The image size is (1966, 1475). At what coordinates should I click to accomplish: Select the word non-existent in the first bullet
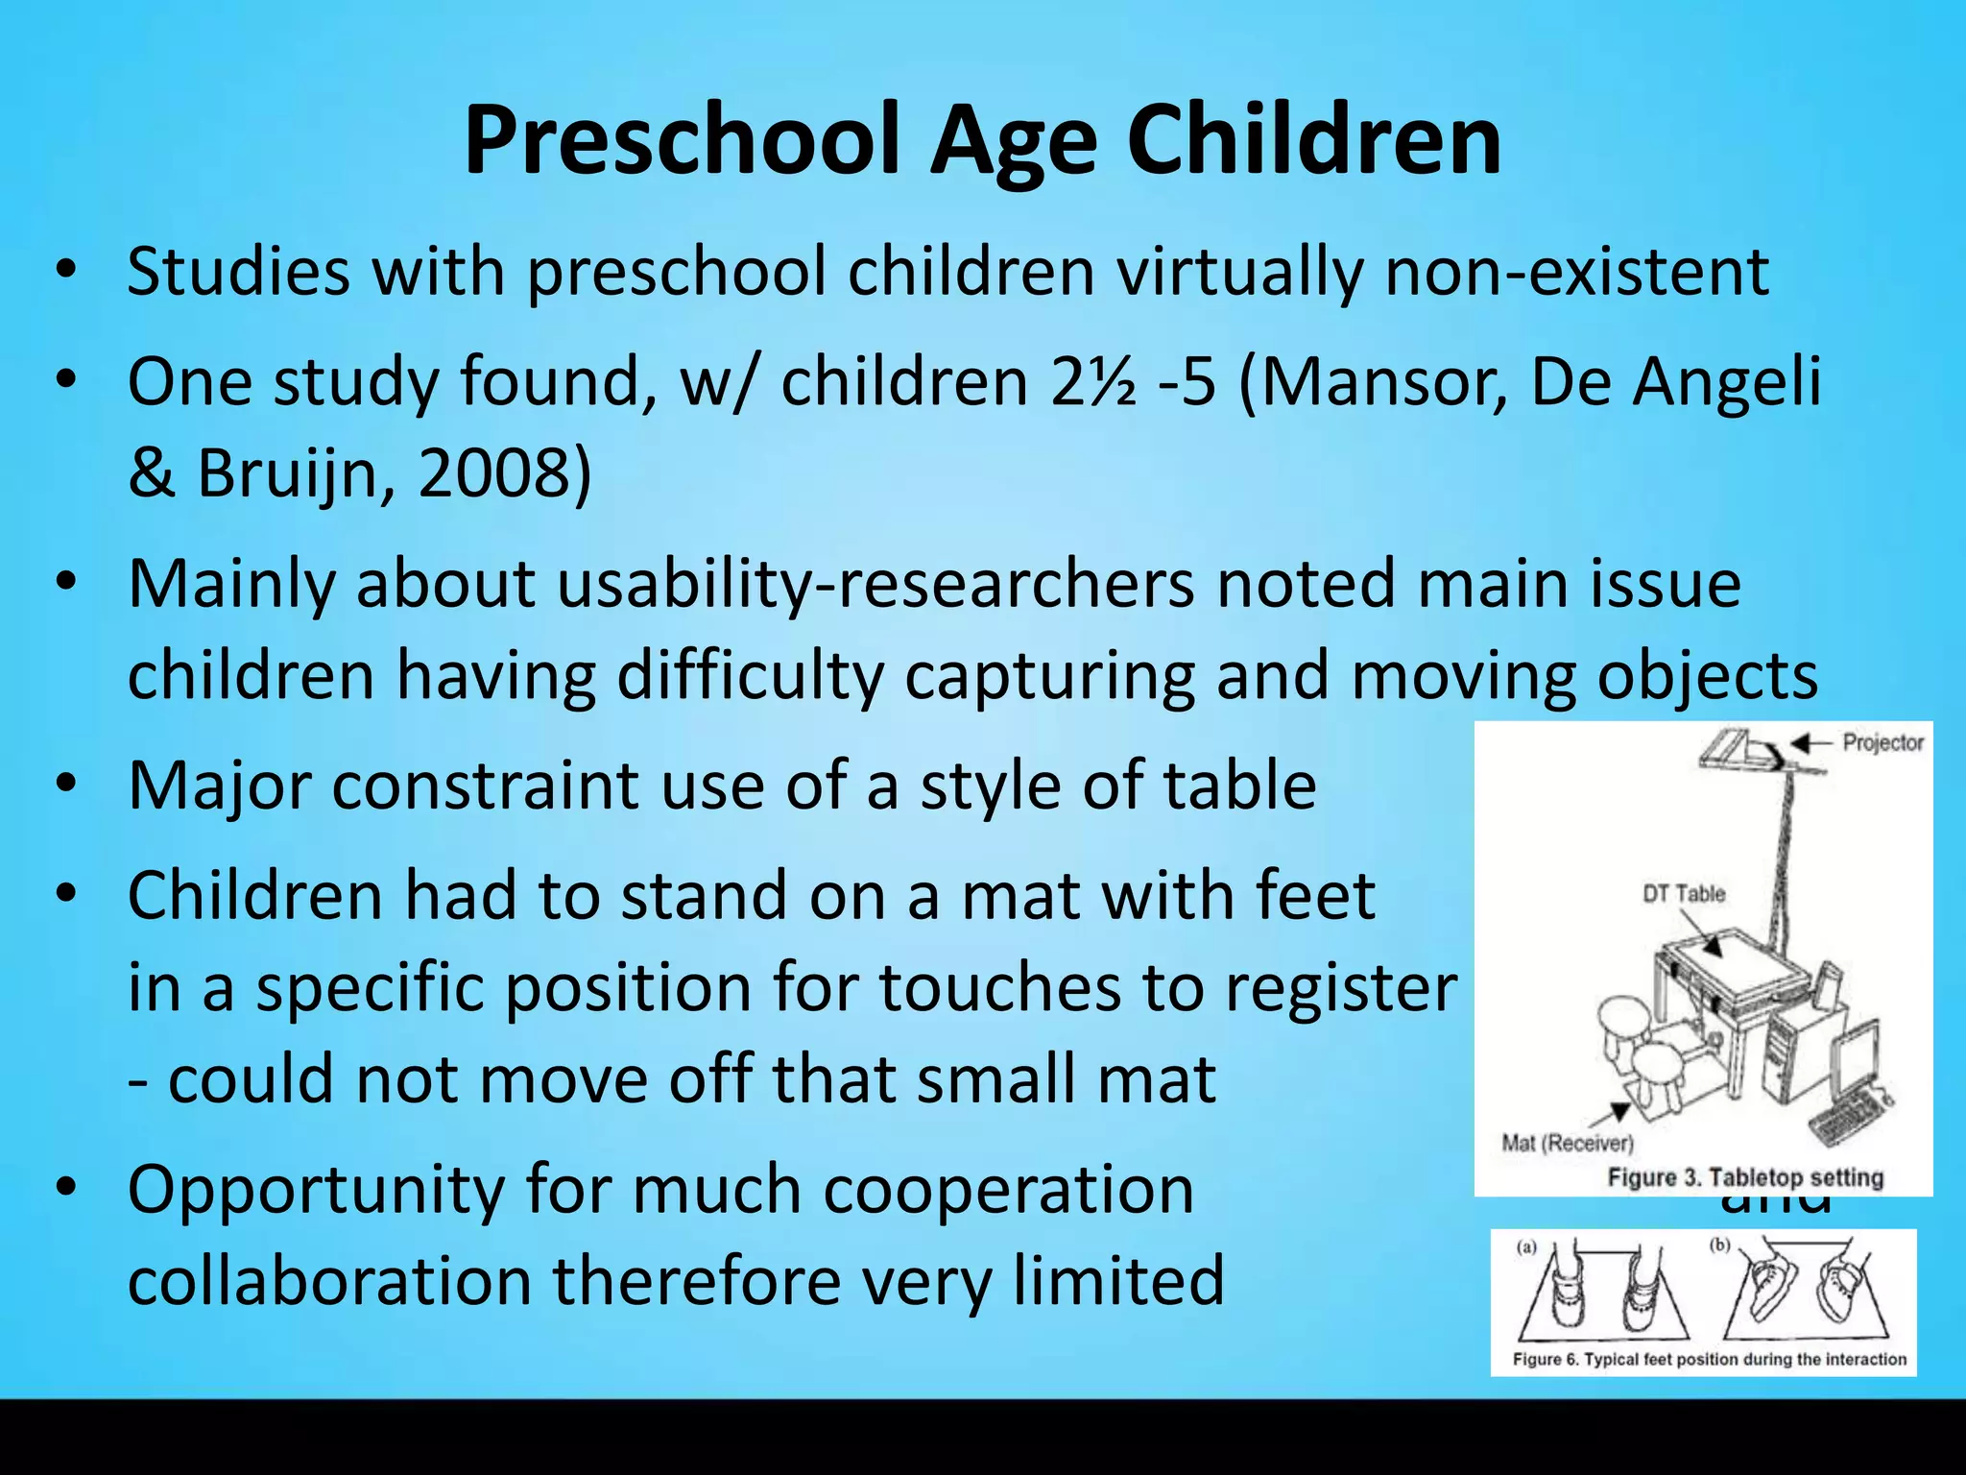(1576, 272)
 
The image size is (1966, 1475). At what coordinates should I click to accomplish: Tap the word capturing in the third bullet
(1048, 676)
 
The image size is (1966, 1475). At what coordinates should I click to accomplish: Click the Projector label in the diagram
(1882, 742)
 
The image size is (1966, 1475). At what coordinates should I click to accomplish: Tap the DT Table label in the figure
(1684, 894)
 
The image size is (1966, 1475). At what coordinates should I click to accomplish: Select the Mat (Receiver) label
(1567, 1143)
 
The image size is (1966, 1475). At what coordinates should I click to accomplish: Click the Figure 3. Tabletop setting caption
(1745, 1177)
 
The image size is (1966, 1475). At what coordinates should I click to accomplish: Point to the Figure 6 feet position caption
(1709, 1359)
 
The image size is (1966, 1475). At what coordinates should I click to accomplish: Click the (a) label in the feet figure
(1525, 1247)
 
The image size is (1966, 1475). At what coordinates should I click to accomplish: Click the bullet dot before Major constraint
(64, 784)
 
